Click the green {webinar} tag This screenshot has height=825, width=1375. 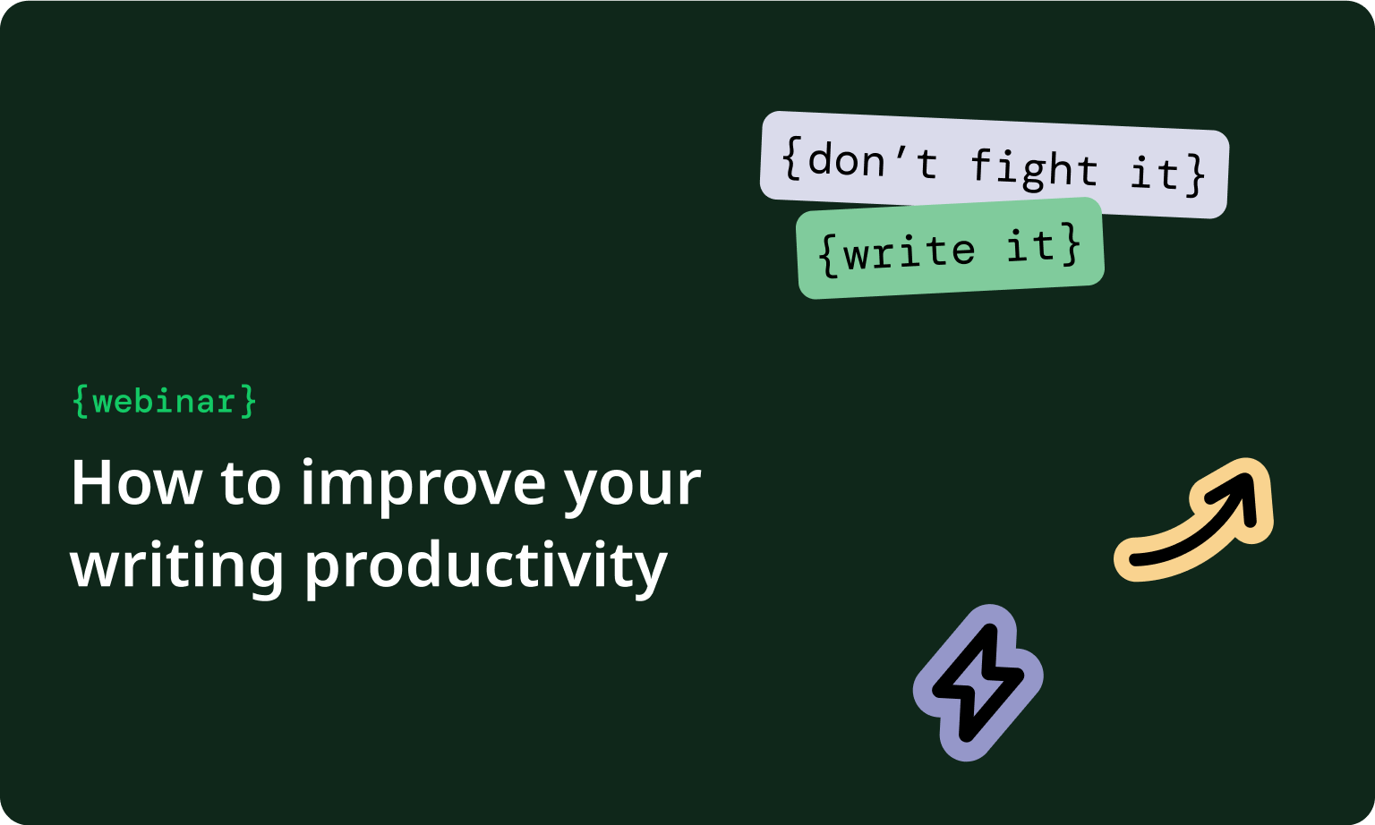[x=165, y=401]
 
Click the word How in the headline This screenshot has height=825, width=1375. [x=136, y=483]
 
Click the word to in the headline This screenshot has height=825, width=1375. [x=252, y=485]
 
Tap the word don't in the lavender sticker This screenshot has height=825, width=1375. [x=872, y=162]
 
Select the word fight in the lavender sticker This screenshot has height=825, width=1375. [x=1034, y=168]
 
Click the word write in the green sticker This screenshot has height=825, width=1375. [x=909, y=251]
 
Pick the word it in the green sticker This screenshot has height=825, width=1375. [x=1030, y=245]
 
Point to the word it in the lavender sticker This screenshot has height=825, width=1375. [x=1154, y=172]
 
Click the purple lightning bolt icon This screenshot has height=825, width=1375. [x=978, y=683]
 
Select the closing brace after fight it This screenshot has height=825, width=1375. [x=1196, y=174]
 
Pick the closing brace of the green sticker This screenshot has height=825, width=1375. [x=1071, y=243]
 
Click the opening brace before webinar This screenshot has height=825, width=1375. [x=81, y=401]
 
